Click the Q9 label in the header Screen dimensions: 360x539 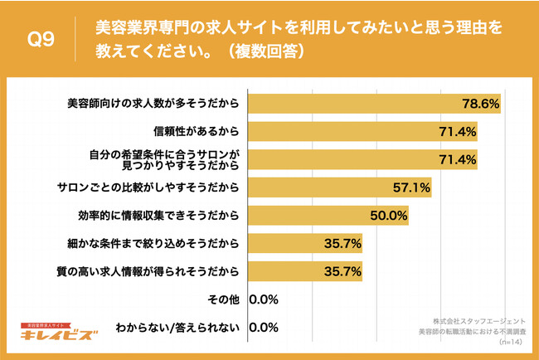(41, 40)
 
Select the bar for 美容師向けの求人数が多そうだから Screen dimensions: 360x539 (373, 104)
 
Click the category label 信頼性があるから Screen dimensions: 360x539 (197, 131)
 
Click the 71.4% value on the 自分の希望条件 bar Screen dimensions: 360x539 (456, 159)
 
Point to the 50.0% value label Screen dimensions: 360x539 (387, 216)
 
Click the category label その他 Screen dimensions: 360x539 (226, 299)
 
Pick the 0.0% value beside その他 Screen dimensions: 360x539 (263, 299)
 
